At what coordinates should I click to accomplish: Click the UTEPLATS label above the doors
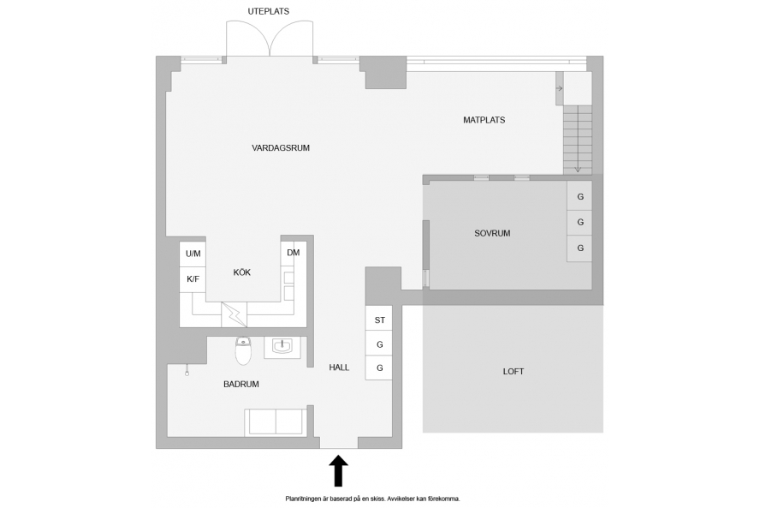pos(269,11)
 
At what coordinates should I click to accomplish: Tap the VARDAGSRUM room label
pos(281,148)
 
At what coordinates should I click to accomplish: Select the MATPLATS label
pos(484,120)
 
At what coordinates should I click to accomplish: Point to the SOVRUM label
pos(492,233)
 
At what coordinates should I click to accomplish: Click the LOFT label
pos(514,372)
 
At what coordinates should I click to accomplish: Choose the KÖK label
pos(242,272)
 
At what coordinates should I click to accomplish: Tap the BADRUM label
pos(240,385)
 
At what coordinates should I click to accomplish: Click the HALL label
pos(339,368)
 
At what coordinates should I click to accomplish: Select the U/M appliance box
pos(193,254)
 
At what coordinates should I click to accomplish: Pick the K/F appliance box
pos(193,279)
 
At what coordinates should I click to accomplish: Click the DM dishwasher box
pos(294,254)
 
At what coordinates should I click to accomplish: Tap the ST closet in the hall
pos(379,319)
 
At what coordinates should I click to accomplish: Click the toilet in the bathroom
pos(243,350)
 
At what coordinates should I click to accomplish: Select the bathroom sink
pos(282,347)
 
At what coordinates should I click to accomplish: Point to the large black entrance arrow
pos(338,470)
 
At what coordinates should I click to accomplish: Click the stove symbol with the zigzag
pos(235,315)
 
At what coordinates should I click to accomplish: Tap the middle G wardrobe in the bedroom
pos(579,222)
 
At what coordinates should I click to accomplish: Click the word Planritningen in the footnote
pos(302,499)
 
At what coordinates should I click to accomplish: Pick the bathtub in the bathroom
pos(276,421)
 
